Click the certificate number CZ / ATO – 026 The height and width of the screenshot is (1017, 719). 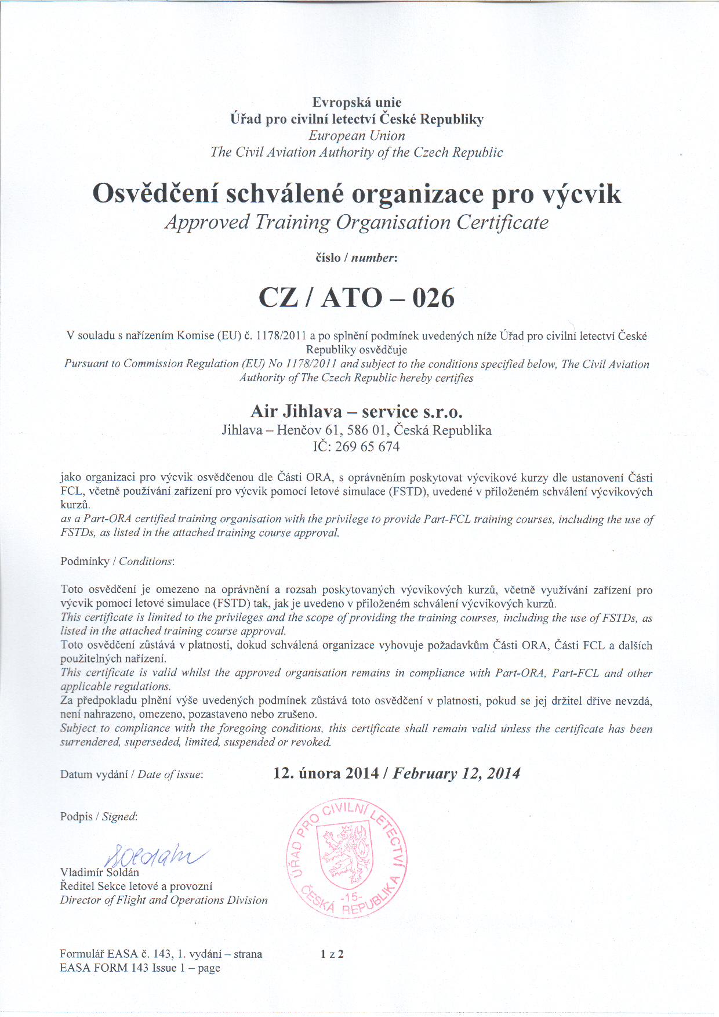click(356, 298)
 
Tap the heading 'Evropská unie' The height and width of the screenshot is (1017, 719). click(357, 103)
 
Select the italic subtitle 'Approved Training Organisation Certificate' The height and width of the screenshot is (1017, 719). click(357, 222)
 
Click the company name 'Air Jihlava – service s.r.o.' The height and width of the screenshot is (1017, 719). click(357, 411)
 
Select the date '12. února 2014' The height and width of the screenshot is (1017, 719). click(326, 773)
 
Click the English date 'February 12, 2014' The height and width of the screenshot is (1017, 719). click(457, 773)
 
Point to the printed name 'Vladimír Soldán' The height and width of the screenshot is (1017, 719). click(100, 873)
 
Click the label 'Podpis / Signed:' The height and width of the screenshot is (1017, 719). click(99, 817)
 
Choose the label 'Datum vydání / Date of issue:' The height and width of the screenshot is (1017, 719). click(132, 774)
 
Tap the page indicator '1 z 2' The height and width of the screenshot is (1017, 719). click(332, 954)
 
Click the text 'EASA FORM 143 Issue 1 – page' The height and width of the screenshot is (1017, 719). click(140, 968)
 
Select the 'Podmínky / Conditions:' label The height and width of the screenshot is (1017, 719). click(117, 562)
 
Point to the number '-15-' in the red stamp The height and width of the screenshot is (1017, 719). click(350, 897)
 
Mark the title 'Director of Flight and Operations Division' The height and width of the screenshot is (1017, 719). click(164, 900)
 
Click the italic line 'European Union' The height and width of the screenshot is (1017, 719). click(357, 136)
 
